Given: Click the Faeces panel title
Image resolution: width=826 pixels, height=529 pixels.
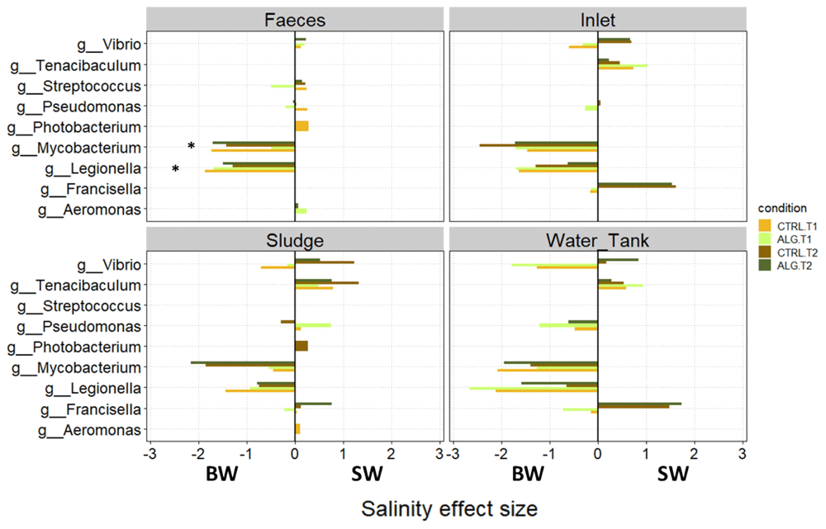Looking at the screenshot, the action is (x=295, y=20).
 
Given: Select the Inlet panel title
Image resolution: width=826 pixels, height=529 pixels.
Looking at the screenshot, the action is (x=597, y=20).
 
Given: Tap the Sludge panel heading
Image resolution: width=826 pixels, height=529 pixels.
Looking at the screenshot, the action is (x=295, y=240).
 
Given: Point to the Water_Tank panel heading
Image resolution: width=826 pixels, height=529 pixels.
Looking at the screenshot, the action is (x=597, y=240).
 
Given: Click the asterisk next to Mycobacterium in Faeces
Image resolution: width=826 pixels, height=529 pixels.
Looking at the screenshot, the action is (x=192, y=146).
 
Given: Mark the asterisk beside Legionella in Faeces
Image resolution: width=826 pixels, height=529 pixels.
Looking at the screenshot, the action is (x=175, y=169).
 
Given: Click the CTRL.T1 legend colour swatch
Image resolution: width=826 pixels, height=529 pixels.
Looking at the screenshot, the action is (x=764, y=226).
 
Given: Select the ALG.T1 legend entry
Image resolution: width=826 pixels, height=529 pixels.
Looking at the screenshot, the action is (x=787, y=239).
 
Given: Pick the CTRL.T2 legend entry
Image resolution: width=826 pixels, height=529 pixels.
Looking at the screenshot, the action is (x=788, y=253).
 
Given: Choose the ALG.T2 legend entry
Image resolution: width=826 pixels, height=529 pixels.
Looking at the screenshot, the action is (x=787, y=266).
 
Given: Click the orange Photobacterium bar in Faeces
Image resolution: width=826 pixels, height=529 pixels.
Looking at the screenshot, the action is (x=301, y=126).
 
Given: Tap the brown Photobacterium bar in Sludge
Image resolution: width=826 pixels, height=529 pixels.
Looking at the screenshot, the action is (x=301, y=346).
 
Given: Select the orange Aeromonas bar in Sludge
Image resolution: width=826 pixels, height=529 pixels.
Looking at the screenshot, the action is (x=297, y=429).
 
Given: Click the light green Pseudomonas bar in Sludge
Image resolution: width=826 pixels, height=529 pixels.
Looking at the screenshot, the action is (x=313, y=325).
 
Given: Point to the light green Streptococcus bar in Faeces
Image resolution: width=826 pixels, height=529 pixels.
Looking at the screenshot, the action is (x=282, y=86).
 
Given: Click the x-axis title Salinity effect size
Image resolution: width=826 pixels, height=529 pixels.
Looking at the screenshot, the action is (x=449, y=509).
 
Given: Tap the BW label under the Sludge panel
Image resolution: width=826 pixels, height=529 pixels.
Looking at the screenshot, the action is (x=221, y=474).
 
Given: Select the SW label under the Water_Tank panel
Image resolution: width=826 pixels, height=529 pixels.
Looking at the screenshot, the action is (x=672, y=474).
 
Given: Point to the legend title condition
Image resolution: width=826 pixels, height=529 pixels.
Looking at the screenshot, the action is (x=782, y=208).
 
